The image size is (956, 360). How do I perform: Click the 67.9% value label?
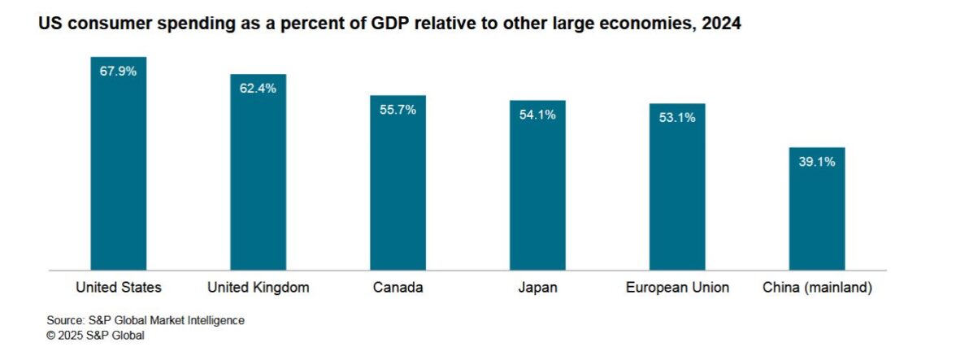click(x=118, y=71)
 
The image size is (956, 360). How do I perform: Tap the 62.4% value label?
click(x=258, y=88)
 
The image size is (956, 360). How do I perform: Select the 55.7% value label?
click(x=398, y=109)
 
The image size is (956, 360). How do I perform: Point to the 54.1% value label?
click(x=537, y=115)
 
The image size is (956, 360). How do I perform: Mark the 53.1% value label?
click(x=677, y=118)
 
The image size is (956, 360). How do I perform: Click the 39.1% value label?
click(x=817, y=161)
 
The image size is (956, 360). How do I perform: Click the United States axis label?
click(x=119, y=287)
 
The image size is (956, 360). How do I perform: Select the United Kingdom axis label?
click(x=259, y=287)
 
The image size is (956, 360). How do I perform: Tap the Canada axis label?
click(x=398, y=287)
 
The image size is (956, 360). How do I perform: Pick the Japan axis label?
click(x=537, y=287)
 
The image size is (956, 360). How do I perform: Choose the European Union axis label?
click(x=677, y=287)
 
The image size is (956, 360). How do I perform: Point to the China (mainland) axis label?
click(x=817, y=287)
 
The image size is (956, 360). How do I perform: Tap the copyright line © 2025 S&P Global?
click(x=96, y=335)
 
